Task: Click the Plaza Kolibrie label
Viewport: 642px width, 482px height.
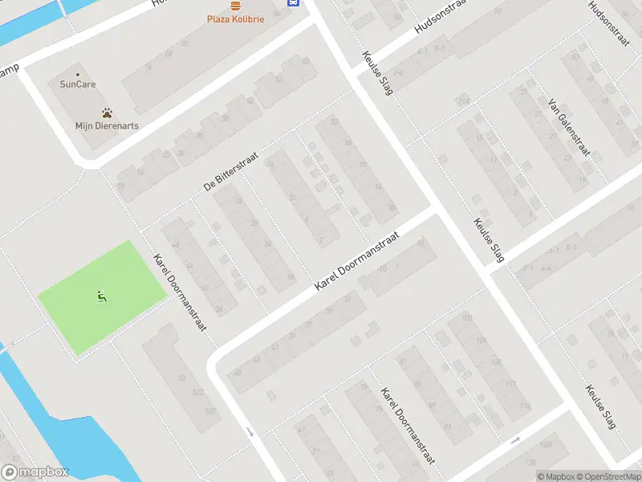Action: click(234, 18)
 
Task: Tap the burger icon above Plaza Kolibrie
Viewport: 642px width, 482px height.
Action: click(234, 4)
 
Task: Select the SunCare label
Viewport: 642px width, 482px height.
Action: click(78, 84)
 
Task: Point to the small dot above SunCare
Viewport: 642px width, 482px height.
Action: click(78, 74)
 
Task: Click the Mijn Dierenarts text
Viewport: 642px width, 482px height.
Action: click(107, 125)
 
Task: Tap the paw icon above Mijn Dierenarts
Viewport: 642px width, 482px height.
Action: click(107, 113)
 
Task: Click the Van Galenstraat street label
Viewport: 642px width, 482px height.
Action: click(569, 127)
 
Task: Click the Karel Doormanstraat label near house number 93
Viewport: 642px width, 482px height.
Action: click(408, 427)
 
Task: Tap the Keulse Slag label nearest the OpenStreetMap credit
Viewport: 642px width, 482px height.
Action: click(600, 406)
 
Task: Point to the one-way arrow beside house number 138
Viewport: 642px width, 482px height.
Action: click(514, 440)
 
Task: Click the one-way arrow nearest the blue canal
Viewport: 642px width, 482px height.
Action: click(250, 432)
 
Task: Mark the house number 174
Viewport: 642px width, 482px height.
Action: click(463, 102)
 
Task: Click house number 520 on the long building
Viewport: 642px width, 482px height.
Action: click(197, 392)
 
